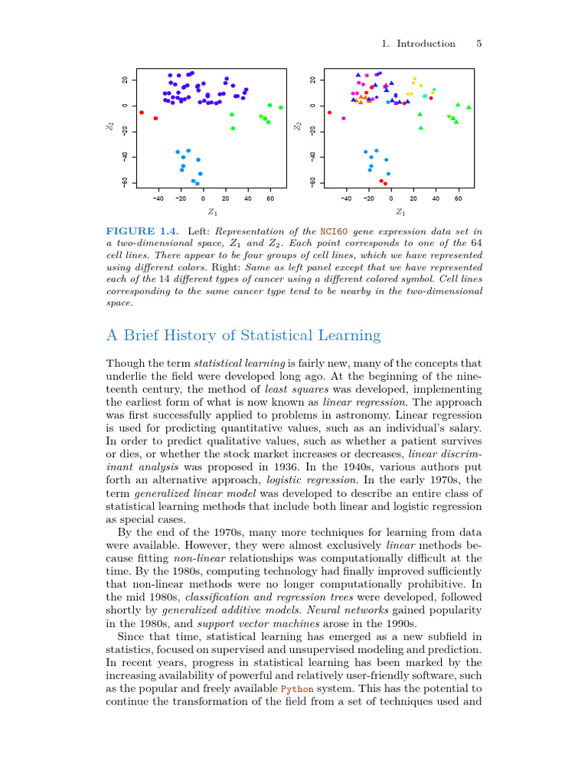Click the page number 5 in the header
point(479,44)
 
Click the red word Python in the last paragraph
point(296,689)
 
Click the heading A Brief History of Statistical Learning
point(243,335)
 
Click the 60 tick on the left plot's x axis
point(270,198)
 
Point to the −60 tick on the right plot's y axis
point(312,182)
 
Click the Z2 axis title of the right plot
point(298,126)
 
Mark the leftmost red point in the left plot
point(142,113)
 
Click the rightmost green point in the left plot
point(281,107)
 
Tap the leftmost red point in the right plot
point(329,113)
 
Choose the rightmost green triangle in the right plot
point(469,107)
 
